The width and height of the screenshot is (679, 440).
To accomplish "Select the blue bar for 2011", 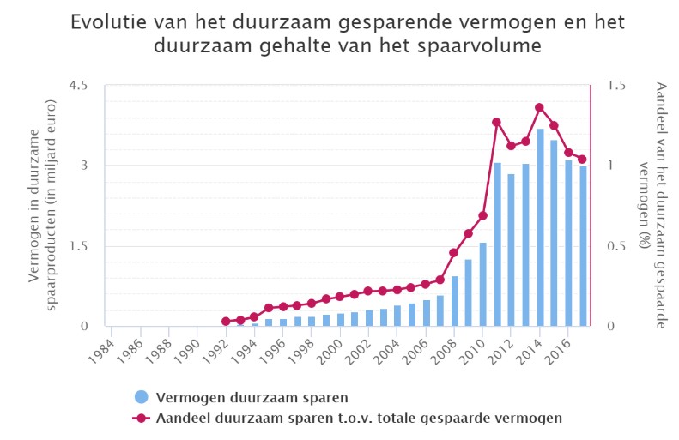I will pyautogui.click(x=497, y=244).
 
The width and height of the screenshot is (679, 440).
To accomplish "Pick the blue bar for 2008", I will pyautogui.click(x=454, y=301).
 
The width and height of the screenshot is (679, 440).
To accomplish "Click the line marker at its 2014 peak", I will pyautogui.click(x=540, y=107).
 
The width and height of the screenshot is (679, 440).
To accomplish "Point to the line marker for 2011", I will pyautogui.click(x=497, y=122).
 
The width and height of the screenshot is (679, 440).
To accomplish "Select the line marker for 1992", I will pyautogui.click(x=226, y=322).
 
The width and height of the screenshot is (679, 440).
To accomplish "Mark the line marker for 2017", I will pyautogui.click(x=583, y=159).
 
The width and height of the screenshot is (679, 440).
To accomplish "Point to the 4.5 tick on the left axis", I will pyautogui.click(x=80, y=86).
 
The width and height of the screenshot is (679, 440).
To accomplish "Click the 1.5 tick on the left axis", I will pyautogui.click(x=80, y=246).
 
